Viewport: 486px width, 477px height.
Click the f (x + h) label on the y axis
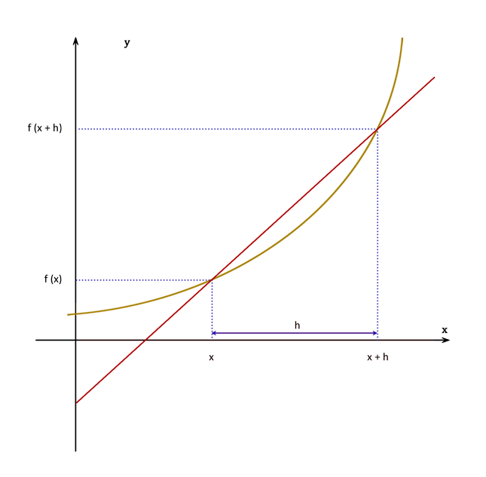[44, 128]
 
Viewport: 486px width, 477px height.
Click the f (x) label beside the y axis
[53, 280]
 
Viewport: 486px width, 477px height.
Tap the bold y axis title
[127, 43]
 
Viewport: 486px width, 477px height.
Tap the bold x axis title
[445, 330]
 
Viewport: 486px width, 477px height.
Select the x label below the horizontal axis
[212, 357]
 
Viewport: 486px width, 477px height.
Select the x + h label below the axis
[377, 357]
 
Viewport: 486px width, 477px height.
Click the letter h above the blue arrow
[297, 325]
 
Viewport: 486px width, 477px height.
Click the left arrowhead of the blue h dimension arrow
[214, 332]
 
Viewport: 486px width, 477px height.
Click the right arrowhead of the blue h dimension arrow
[374, 332]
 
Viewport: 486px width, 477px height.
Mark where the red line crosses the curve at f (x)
[212, 280]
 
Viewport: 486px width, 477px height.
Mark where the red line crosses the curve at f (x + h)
[377, 129]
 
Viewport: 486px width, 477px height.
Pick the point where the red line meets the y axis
[75, 403]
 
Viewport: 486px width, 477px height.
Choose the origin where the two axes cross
[75, 340]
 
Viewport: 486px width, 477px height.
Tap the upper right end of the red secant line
[435, 77]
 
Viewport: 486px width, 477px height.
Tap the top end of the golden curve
[403, 38]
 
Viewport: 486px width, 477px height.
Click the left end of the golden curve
[68, 314]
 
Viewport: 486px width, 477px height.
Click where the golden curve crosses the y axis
[75, 313]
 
